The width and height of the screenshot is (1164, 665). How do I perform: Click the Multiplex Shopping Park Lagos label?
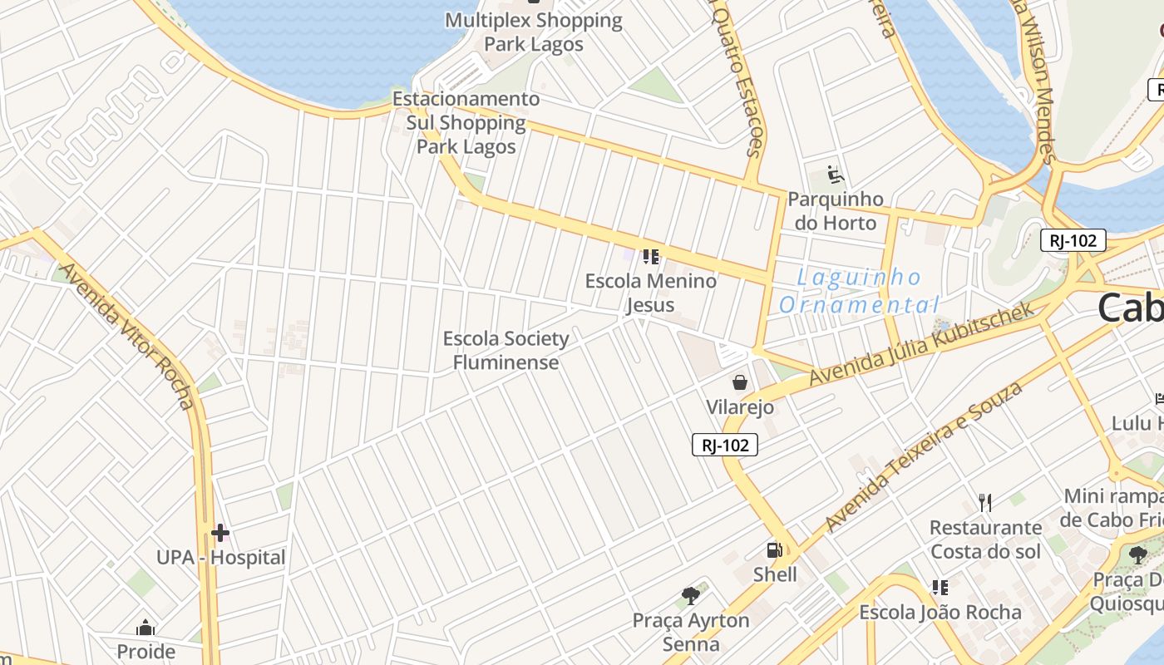534,32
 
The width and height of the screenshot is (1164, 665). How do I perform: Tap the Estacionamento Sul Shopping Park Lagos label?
466,123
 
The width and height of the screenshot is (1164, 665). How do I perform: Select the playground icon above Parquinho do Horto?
836,175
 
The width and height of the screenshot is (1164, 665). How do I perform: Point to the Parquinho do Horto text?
836,211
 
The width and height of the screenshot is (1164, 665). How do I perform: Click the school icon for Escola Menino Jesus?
650,256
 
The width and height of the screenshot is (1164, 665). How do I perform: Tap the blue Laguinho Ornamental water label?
860,291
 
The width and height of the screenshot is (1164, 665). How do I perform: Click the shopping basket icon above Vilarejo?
739,382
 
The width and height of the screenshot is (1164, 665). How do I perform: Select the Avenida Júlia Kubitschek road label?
921,343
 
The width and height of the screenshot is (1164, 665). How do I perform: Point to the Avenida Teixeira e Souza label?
924,456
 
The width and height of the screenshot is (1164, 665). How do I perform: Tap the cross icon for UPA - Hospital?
220,532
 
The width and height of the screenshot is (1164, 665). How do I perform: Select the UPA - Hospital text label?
221,558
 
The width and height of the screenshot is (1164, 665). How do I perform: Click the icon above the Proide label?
145,628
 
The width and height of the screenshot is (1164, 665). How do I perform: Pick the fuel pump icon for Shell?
774,550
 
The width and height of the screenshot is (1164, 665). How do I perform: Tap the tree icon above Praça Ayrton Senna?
690,595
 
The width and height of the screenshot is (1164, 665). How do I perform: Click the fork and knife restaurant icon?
985,502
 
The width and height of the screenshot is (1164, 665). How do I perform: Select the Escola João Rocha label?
940,613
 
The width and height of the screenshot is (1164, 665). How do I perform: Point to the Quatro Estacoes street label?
738,79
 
